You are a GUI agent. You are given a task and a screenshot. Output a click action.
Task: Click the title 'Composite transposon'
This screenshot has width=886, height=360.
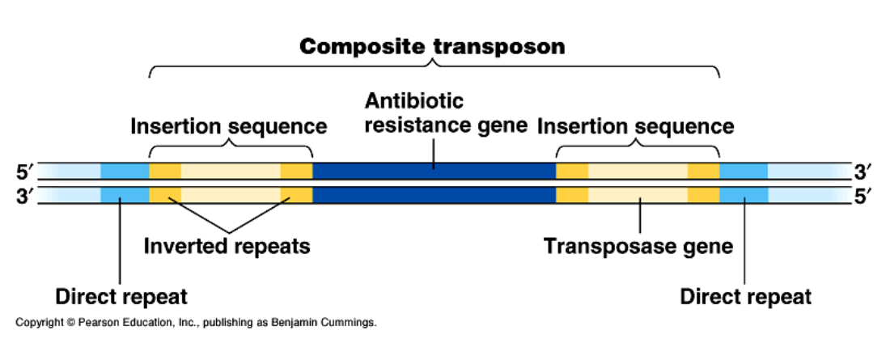(432, 46)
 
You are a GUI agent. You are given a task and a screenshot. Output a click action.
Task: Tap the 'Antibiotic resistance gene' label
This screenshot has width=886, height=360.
(446, 113)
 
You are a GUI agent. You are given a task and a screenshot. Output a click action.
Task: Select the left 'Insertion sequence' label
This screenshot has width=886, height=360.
(229, 126)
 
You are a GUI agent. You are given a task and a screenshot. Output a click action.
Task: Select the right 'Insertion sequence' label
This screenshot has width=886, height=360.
(636, 126)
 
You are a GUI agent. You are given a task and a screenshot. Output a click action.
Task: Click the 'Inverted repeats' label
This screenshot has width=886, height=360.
(227, 246)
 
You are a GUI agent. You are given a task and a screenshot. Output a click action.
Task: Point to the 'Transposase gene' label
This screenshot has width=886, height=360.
(638, 246)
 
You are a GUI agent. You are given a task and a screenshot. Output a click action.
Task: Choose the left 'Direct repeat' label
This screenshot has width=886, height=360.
(121, 296)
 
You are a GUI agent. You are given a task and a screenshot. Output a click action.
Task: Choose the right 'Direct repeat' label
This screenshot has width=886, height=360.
(746, 296)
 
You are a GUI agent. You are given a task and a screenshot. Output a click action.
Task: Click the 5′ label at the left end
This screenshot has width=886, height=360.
(26, 171)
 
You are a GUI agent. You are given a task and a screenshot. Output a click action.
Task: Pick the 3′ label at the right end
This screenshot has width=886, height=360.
(863, 171)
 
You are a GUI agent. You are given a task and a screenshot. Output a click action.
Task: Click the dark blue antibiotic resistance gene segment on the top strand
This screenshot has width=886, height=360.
(434, 171)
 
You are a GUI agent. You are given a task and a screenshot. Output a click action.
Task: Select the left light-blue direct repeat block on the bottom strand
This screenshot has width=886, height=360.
(125, 194)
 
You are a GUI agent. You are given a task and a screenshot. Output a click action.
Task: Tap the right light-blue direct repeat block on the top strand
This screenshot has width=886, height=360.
(744, 171)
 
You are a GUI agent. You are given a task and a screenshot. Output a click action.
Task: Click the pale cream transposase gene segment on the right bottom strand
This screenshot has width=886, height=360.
(638, 194)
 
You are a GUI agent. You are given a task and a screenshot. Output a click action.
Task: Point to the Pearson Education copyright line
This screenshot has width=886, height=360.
(196, 323)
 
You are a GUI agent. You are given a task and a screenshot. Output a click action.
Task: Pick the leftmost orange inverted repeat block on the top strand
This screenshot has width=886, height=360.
(165, 171)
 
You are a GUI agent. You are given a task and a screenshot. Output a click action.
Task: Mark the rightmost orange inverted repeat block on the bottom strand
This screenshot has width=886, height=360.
(703, 194)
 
